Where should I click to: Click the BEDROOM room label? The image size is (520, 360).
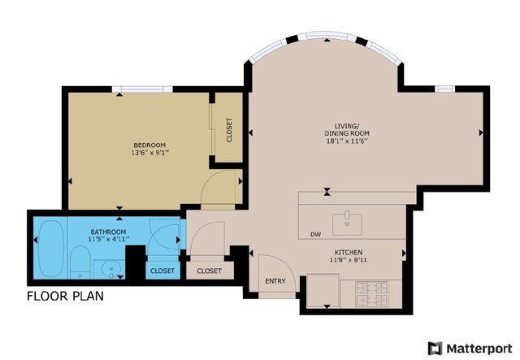pyautogui.click(x=149, y=145)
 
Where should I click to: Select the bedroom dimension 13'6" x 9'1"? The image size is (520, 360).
pyautogui.click(x=149, y=153)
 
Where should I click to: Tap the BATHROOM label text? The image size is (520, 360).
pyautogui.click(x=108, y=232)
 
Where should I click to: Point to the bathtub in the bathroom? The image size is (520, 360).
pyautogui.click(x=50, y=246)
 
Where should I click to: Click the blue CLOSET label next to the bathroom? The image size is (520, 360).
pyautogui.click(x=162, y=271)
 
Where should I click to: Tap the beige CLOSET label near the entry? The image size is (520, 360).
pyautogui.click(x=209, y=271)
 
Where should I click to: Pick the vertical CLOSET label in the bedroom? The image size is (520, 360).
pyautogui.click(x=229, y=130)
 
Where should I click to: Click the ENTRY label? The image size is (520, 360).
pyautogui.click(x=275, y=282)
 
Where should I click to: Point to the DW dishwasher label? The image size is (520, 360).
pyautogui.click(x=315, y=236)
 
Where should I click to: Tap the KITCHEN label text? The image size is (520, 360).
pyautogui.click(x=347, y=253)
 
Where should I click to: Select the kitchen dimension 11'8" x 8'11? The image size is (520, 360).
pyautogui.click(x=347, y=261)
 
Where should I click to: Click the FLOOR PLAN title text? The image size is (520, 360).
pyautogui.click(x=65, y=296)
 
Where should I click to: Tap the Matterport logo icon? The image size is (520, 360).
pyautogui.click(x=435, y=349)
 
